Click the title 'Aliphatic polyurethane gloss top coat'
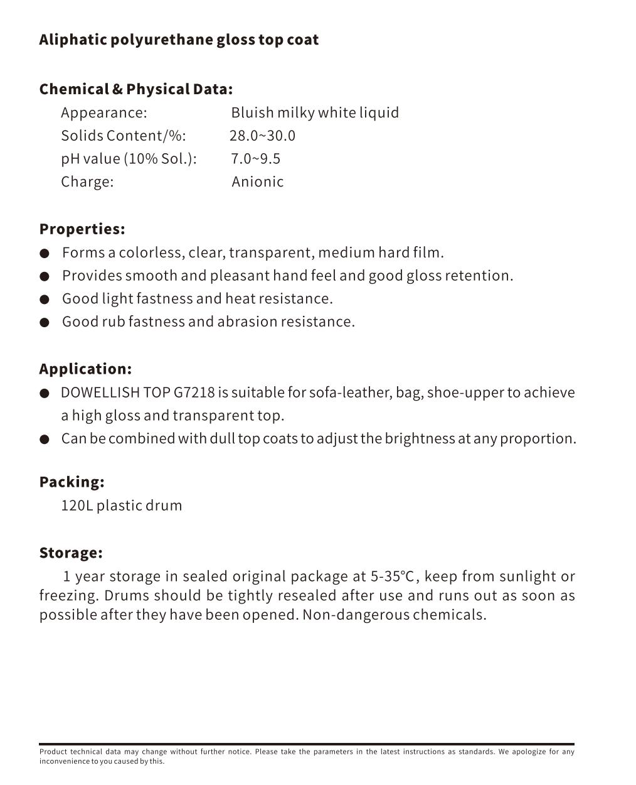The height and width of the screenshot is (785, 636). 179,40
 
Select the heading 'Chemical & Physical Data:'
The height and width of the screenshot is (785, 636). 135,89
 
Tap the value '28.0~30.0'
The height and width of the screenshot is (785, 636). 262,136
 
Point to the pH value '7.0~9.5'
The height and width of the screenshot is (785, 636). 255,158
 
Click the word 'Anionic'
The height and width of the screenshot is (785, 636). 257,181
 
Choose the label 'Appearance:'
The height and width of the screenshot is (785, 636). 103,112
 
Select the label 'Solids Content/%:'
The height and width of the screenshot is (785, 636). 123,136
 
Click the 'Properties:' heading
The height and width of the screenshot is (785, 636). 82,229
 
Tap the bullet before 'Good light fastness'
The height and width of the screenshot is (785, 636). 45,300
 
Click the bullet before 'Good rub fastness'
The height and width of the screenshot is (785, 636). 45,323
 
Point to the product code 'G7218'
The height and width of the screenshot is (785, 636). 194,392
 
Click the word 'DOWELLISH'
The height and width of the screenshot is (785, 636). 100,392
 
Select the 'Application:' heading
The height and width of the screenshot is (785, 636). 85,369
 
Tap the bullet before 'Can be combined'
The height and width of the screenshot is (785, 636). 45,440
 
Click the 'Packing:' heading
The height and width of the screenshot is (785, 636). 72,482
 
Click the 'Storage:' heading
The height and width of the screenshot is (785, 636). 71,553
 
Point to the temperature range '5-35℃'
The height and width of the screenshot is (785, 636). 393,577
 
